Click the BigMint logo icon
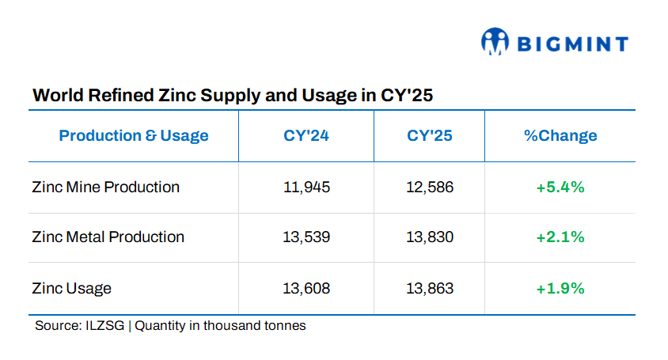pyautogui.click(x=495, y=42)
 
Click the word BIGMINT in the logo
pyautogui.click(x=572, y=44)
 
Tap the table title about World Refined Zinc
pyautogui.click(x=232, y=96)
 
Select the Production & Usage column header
pyautogui.click(x=134, y=135)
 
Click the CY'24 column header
pyautogui.click(x=306, y=135)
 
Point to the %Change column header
pyautogui.click(x=560, y=135)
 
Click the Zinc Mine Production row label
pyautogui.click(x=106, y=188)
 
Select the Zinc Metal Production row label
pyautogui.click(x=108, y=237)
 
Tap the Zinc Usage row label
pyautogui.click(x=72, y=289)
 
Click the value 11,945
pyautogui.click(x=306, y=188)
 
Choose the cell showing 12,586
pyautogui.click(x=430, y=188)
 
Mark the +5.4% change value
pyautogui.click(x=560, y=188)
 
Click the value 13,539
pyautogui.click(x=306, y=237)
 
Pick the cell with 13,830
pyautogui.click(x=430, y=237)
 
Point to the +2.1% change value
pyautogui.click(x=560, y=237)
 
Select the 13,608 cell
pyautogui.click(x=306, y=288)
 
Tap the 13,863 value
pyautogui.click(x=430, y=288)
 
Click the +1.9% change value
pyautogui.click(x=560, y=288)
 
